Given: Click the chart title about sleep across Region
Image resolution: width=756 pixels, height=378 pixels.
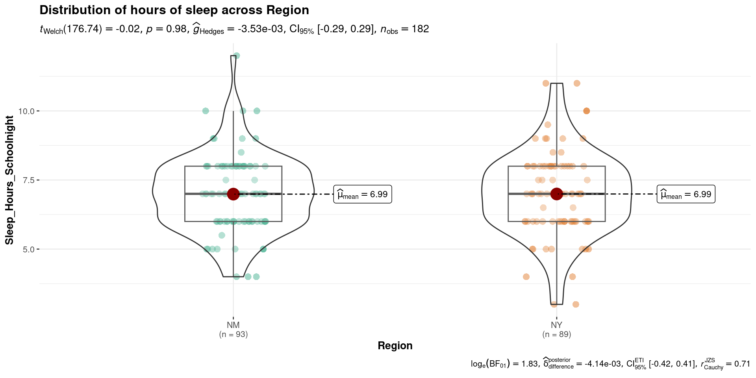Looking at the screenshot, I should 174,10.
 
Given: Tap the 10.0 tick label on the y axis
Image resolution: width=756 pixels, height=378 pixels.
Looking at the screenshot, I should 26,111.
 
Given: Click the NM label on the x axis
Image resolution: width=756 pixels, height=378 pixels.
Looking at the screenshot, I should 233,325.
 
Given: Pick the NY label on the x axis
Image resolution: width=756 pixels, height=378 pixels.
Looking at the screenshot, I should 556,325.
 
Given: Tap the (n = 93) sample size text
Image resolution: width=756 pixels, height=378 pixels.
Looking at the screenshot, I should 233,335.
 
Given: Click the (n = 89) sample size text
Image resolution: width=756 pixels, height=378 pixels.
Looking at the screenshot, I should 556,335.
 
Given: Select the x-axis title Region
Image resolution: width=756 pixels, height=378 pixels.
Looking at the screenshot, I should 395,346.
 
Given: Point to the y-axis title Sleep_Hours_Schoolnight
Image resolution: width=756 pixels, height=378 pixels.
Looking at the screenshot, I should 9,180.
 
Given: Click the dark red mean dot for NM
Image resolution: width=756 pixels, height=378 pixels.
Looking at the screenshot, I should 233,194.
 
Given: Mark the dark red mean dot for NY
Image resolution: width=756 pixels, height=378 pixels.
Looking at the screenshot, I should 556,194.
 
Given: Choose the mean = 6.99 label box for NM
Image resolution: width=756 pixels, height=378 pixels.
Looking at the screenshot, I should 362,194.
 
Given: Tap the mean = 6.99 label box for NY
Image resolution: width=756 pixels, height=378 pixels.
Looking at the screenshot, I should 686,194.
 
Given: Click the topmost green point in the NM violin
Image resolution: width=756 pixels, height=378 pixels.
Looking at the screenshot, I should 236,56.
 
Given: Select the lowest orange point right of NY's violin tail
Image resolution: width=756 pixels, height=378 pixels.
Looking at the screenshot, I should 576,304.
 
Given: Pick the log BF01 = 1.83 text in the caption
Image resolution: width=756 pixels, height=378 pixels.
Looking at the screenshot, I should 504,364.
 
